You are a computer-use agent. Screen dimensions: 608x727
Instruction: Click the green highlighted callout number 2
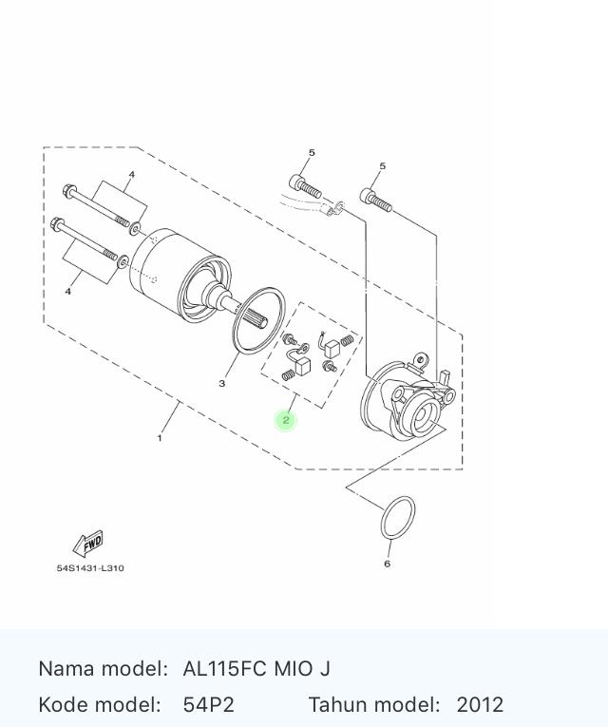(285, 420)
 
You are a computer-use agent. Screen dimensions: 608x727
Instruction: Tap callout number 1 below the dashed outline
(160, 438)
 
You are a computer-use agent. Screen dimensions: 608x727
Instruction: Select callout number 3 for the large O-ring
(222, 383)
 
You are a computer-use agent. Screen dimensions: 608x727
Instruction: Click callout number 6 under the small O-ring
(387, 564)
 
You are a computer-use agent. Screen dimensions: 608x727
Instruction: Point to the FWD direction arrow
(88, 543)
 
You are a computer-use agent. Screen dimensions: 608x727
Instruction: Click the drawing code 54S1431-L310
(90, 568)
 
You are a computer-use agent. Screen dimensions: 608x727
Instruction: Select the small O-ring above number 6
(398, 518)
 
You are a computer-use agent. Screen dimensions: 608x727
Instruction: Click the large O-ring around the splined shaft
(258, 321)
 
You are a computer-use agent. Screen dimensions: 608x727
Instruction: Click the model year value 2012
(480, 705)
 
